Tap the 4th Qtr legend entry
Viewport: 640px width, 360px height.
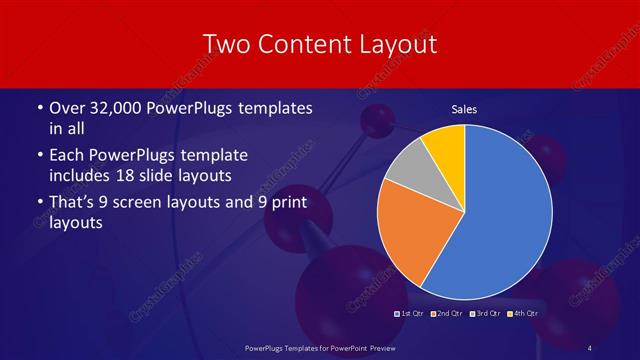524,314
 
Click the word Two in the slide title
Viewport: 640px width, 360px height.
226,45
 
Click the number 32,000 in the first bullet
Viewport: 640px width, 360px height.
113,108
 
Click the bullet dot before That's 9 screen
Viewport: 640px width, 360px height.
39,204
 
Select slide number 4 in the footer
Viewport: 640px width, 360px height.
590,347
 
